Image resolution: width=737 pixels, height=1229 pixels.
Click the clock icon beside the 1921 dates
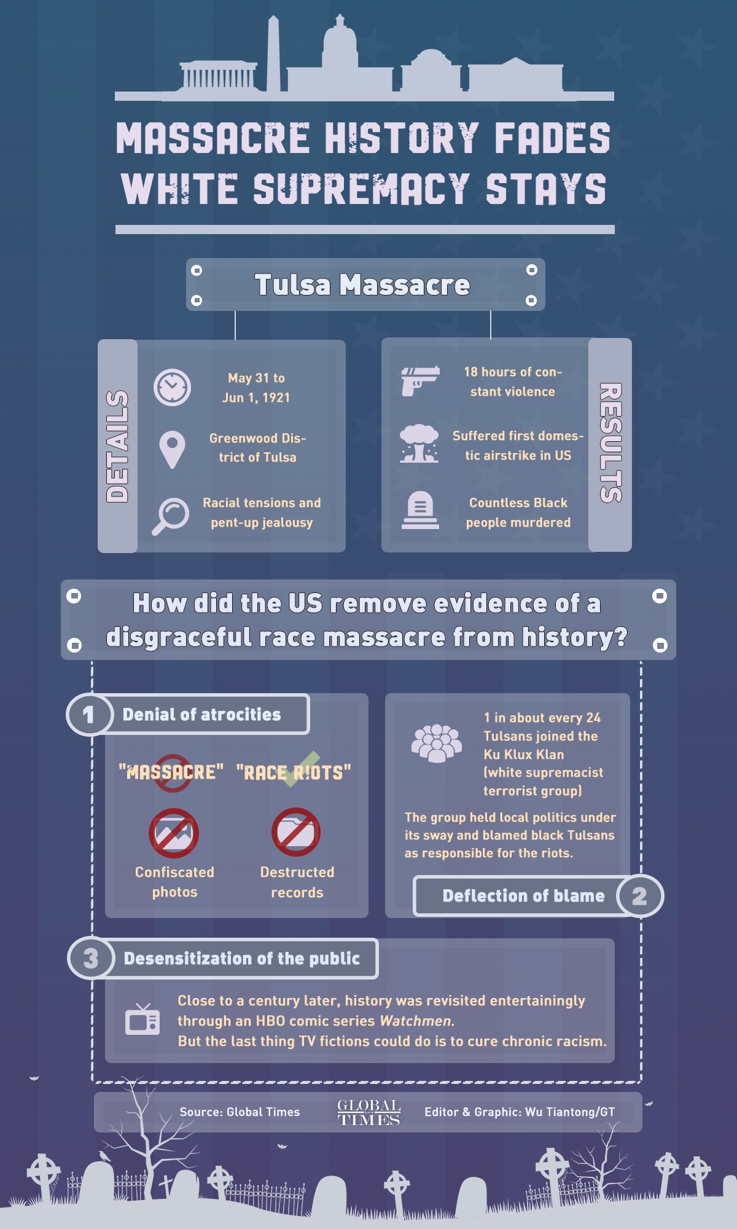tap(172, 387)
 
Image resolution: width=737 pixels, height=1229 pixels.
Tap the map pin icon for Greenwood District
tap(172, 449)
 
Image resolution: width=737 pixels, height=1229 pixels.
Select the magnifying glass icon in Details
tap(171, 515)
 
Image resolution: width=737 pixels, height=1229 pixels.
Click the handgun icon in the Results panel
tap(420, 381)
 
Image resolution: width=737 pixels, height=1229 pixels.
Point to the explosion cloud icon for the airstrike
tap(419, 443)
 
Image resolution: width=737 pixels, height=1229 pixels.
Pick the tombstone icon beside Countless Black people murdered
tap(420, 510)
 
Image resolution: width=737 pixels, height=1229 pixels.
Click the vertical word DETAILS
tap(117, 446)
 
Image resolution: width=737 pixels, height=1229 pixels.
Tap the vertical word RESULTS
tap(610, 443)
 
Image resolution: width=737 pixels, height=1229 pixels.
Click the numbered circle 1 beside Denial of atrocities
tap(89, 714)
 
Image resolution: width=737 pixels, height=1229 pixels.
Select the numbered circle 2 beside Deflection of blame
tap(639, 896)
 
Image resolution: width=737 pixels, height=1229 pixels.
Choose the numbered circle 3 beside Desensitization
tap(91, 958)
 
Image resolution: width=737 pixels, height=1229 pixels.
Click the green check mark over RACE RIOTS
tap(301, 768)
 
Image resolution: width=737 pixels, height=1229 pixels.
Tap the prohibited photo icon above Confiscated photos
tap(174, 833)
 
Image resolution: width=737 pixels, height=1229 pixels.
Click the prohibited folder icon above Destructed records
tap(296, 832)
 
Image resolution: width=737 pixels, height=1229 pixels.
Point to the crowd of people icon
tap(436, 743)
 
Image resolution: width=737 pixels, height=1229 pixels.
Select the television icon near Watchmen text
tap(142, 1020)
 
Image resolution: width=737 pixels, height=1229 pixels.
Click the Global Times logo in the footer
tap(368, 1112)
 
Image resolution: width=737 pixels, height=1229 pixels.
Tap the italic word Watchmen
tap(416, 1021)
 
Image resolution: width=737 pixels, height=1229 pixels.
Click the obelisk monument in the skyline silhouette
tap(273, 55)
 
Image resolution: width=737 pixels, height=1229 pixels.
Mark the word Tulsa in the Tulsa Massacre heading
tap(292, 285)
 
